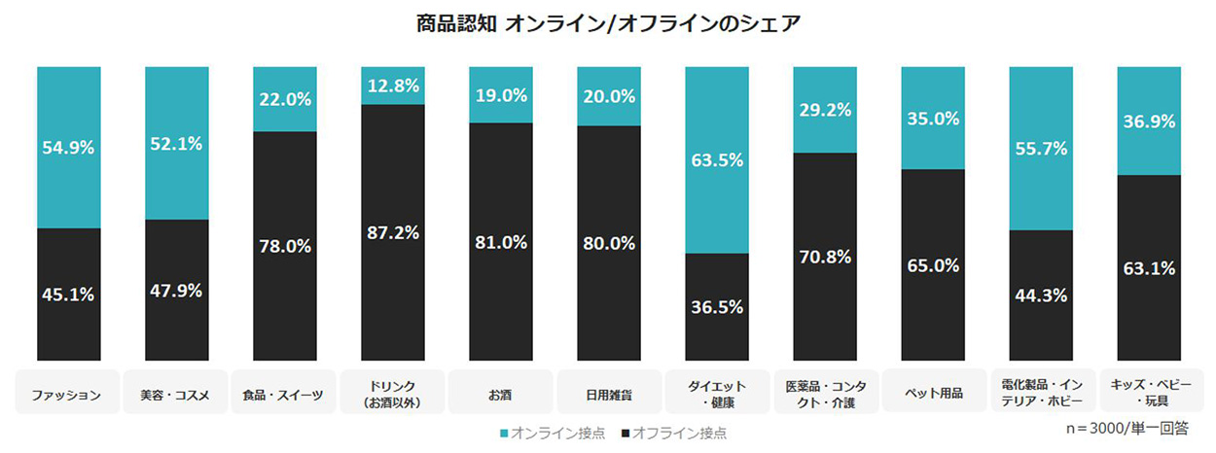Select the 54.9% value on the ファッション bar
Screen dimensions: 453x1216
click(x=68, y=148)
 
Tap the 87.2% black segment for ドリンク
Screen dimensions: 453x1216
click(x=393, y=232)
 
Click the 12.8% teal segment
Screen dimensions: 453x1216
click(x=393, y=86)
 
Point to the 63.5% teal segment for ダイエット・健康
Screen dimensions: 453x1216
click(x=717, y=159)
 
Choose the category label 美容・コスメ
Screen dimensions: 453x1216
click(x=176, y=395)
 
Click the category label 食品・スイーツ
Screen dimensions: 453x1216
click(x=284, y=395)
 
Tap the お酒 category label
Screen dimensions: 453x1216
click(x=500, y=395)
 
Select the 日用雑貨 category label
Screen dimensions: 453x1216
click(x=608, y=395)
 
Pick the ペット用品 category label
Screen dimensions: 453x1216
click(x=932, y=393)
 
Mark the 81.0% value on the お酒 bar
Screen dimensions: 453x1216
click(x=501, y=241)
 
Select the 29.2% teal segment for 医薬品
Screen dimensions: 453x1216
click(x=825, y=110)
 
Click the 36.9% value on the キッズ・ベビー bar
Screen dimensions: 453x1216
click(x=1149, y=122)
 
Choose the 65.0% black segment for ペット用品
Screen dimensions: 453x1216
click(x=933, y=264)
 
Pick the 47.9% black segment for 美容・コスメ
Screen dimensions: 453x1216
click(x=176, y=290)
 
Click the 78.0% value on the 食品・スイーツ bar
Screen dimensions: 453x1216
click(x=285, y=246)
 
